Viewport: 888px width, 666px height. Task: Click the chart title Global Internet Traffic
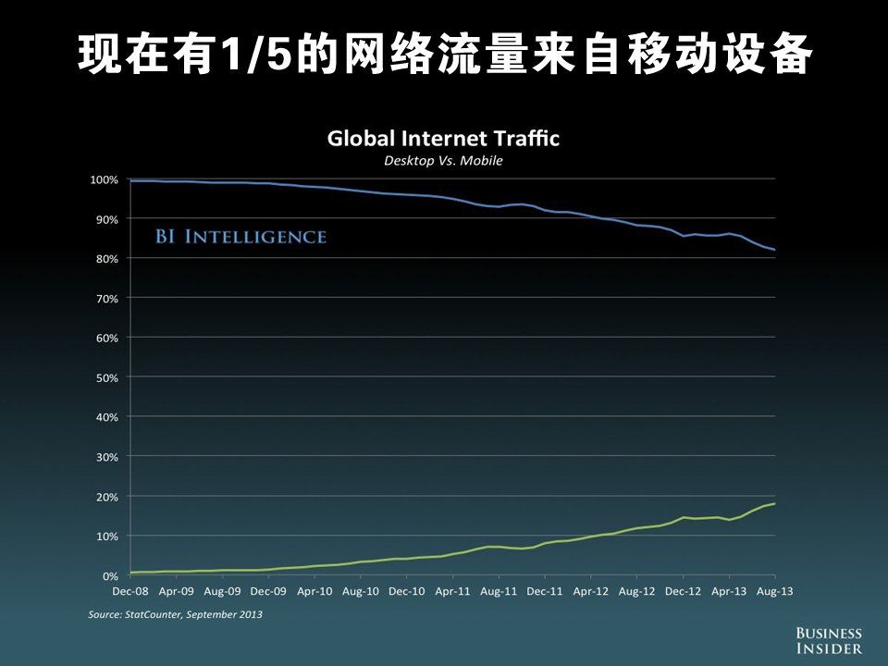(x=444, y=140)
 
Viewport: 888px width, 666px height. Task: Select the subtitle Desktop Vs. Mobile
(x=443, y=161)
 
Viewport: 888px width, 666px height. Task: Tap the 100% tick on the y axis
(x=103, y=179)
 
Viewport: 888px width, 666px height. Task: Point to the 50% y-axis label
(x=105, y=377)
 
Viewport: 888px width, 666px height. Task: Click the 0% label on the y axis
(x=110, y=576)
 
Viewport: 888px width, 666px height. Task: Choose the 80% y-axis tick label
(x=105, y=259)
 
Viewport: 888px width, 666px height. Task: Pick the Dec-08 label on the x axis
(x=129, y=590)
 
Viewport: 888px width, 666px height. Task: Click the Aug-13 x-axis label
(x=774, y=590)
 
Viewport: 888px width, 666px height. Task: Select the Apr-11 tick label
(x=452, y=590)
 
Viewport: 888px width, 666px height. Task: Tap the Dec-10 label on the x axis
(x=406, y=590)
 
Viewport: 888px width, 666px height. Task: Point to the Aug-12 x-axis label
(x=636, y=590)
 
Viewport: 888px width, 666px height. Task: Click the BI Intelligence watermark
(x=240, y=237)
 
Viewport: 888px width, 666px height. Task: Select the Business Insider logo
(x=829, y=641)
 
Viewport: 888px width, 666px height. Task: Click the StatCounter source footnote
(x=175, y=614)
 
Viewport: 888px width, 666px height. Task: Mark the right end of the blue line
(x=774, y=250)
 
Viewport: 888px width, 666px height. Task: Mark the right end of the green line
(x=774, y=503)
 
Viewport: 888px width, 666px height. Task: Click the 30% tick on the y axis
(x=105, y=457)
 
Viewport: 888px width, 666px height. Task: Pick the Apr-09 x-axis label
(x=176, y=590)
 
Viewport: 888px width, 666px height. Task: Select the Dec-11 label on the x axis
(x=544, y=590)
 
